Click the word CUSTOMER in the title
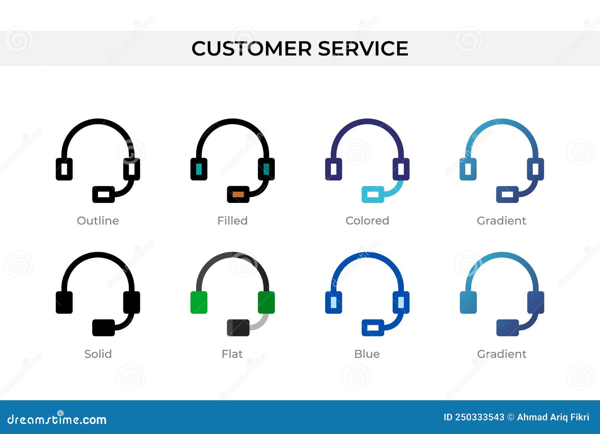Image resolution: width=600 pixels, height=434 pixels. tap(251, 49)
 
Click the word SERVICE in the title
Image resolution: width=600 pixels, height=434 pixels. tap(363, 49)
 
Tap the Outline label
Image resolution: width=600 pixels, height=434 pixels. tap(97, 221)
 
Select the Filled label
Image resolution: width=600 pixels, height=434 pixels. tap(232, 221)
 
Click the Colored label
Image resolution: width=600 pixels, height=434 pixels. tap(367, 221)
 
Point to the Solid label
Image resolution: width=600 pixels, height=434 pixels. tap(98, 354)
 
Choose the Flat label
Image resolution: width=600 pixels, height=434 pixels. tap(232, 354)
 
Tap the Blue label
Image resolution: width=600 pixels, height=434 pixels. tap(367, 354)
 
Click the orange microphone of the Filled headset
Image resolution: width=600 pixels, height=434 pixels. tap(238, 194)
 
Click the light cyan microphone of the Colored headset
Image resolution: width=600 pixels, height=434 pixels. tap(373, 194)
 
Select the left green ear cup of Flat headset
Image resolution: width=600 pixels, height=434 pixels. tap(199, 302)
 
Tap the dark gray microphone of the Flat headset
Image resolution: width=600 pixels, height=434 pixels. tap(238, 327)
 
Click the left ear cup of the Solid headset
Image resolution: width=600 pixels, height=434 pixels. tap(64, 302)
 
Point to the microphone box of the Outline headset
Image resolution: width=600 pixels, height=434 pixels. tap(103, 194)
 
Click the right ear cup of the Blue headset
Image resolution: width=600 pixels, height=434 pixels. tap(401, 302)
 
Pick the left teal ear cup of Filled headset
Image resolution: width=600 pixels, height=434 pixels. tap(199, 169)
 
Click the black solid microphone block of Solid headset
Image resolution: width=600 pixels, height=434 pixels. tap(103, 327)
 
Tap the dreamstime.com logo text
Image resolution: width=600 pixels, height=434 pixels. tap(57, 419)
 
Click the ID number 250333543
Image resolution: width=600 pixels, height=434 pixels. tap(480, 417)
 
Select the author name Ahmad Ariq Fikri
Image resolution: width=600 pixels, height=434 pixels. tap(553, 417)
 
